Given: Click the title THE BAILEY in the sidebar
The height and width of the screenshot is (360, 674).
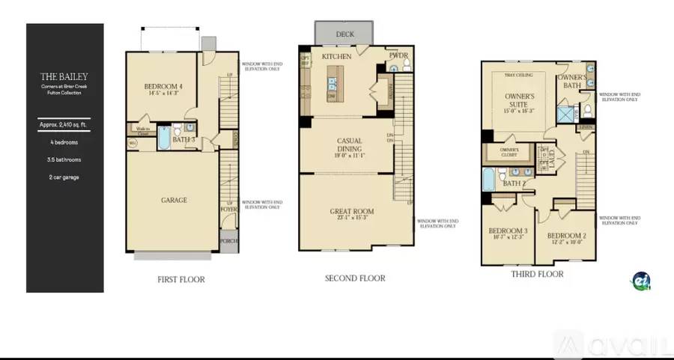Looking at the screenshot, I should [64, 76].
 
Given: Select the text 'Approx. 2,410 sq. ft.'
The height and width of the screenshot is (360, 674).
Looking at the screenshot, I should [64, 126].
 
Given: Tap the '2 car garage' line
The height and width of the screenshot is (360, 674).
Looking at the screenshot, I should [64, 177].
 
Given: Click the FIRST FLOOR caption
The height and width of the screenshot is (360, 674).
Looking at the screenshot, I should [180, 279].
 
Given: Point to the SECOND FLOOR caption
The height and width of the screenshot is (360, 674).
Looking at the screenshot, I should [355, 278].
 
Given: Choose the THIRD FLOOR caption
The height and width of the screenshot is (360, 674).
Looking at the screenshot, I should [538, 274].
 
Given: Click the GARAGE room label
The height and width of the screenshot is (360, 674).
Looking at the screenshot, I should [174, 200].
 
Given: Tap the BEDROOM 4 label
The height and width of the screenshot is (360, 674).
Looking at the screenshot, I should [164, 88].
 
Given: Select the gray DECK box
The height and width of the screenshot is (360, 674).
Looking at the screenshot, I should [344, 34].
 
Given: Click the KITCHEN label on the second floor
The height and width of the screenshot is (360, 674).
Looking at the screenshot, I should [337, 56].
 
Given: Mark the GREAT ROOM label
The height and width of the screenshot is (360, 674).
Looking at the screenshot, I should [352, 212].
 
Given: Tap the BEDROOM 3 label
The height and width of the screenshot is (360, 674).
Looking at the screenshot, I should [508, 231].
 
